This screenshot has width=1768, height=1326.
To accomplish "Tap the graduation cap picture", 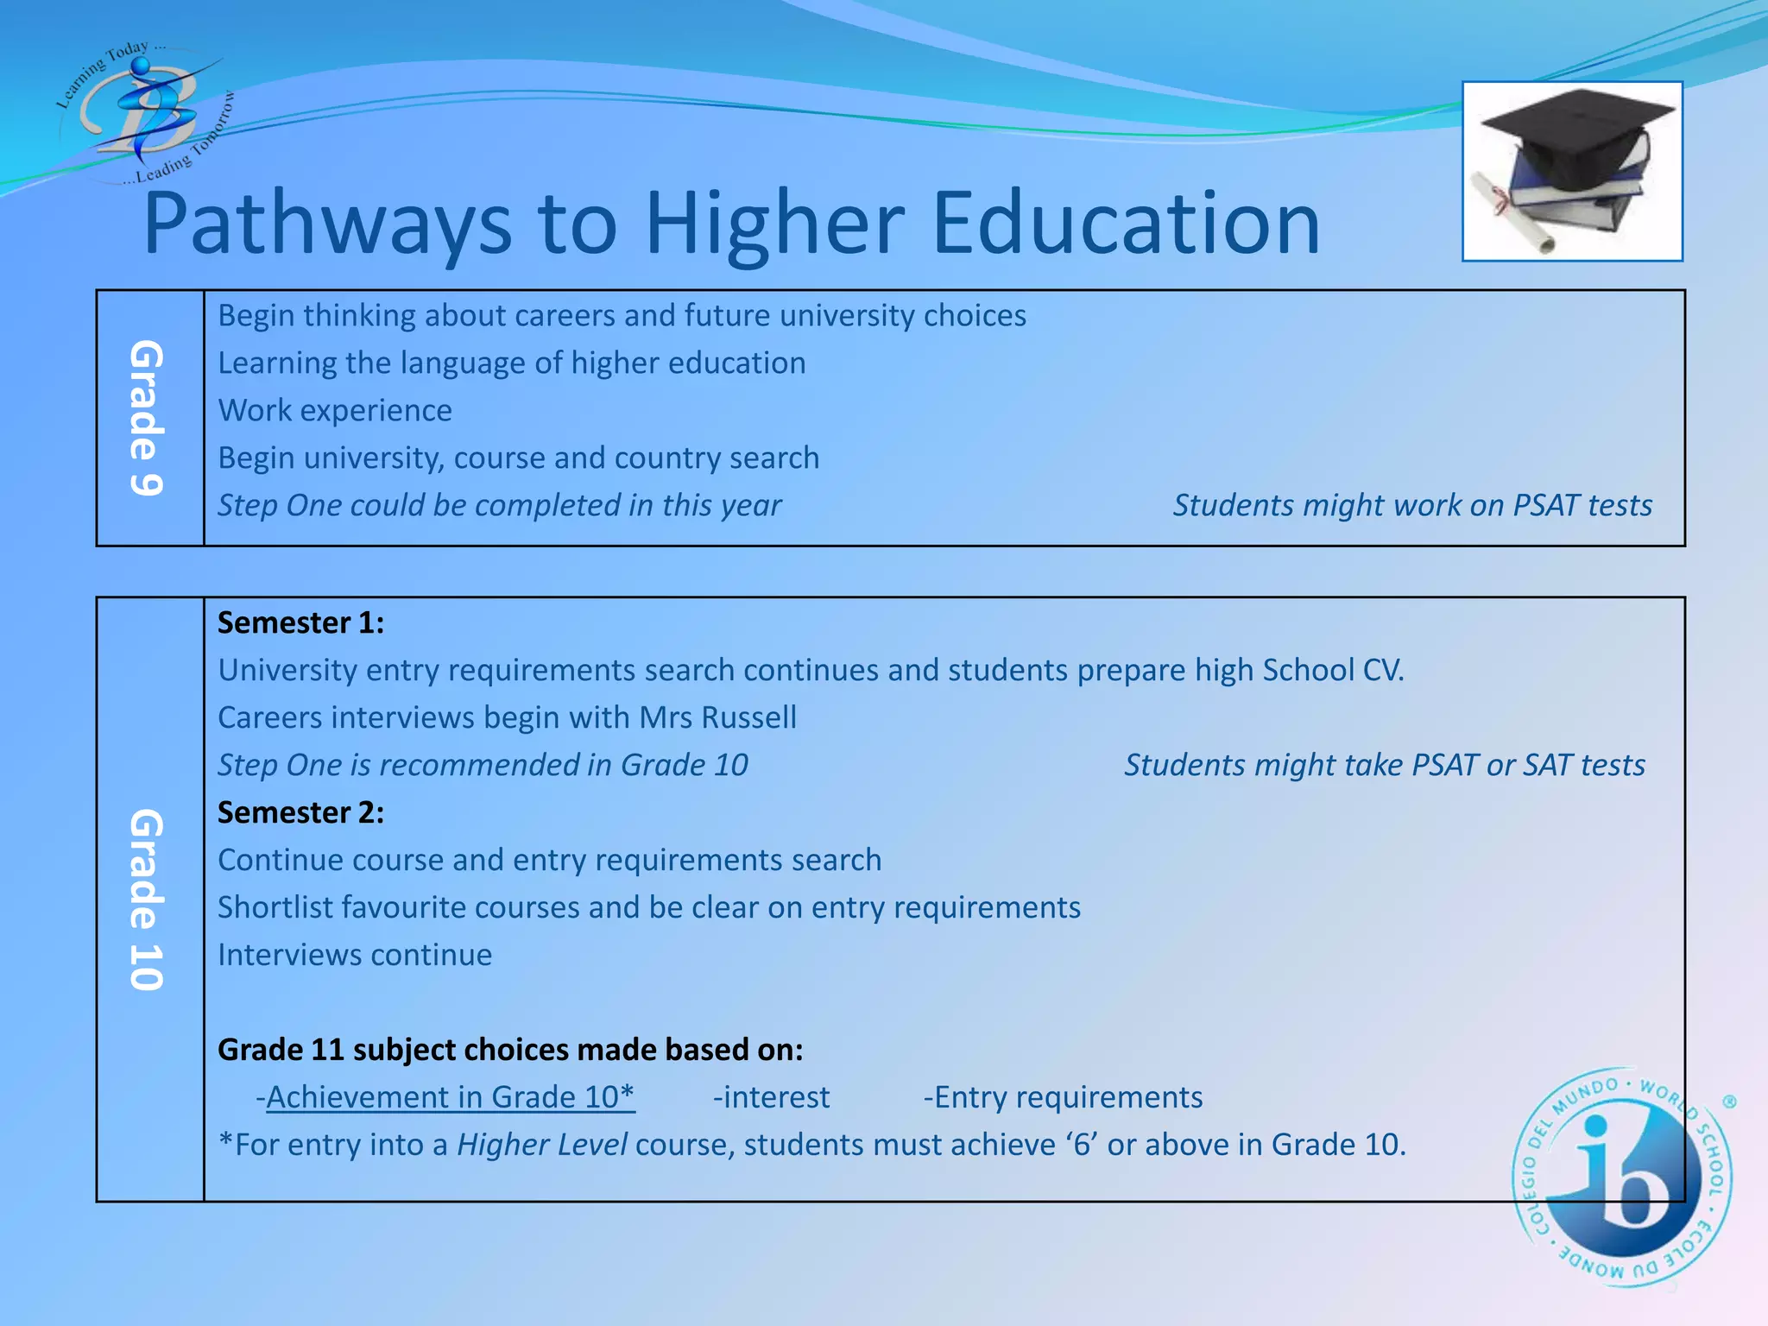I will click(x=1572, y=171).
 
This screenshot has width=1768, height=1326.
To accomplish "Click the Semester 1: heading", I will click(x=300, y=623).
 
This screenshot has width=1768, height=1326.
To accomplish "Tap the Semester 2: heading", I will click(x=300, y=813).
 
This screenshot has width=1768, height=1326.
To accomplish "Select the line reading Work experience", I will click(x=335, y=411).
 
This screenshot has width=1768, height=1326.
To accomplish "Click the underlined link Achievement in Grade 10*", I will click(x=451, y=1097).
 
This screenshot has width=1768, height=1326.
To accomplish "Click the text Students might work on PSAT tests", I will click(x=1412, y=506).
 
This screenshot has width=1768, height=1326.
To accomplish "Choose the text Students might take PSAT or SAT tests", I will click(x=1385, y=766).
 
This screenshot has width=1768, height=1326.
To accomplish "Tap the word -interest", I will click(x=771, y=1097).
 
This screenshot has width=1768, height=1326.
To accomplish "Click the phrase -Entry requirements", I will click(x=1063, y=1097).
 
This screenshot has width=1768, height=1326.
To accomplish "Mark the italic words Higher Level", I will click(x=541, y=1145).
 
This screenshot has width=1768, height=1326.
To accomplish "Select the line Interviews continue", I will click(x=355, y=956).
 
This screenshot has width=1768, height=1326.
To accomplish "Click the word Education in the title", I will click(x=1126, y=224).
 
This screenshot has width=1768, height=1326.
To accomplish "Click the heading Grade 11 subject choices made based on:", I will click(x=510, y=1050).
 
